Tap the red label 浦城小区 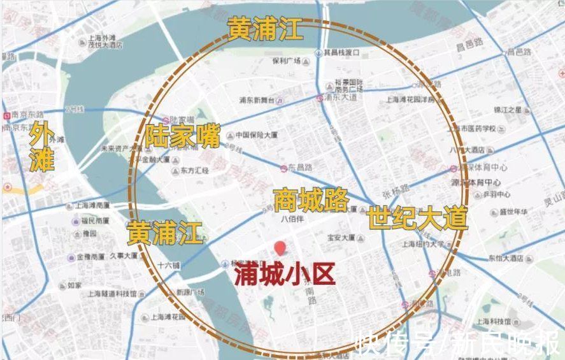pos(284,275)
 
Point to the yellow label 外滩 pos(42,147)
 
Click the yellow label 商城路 pos(311,199)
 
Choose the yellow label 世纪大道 pos(417,219)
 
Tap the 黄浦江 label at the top pos(266,29)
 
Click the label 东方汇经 pos(194,171)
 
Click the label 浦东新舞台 pos(256,101)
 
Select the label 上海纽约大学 pos(422,243)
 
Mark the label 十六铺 pos(169,265)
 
